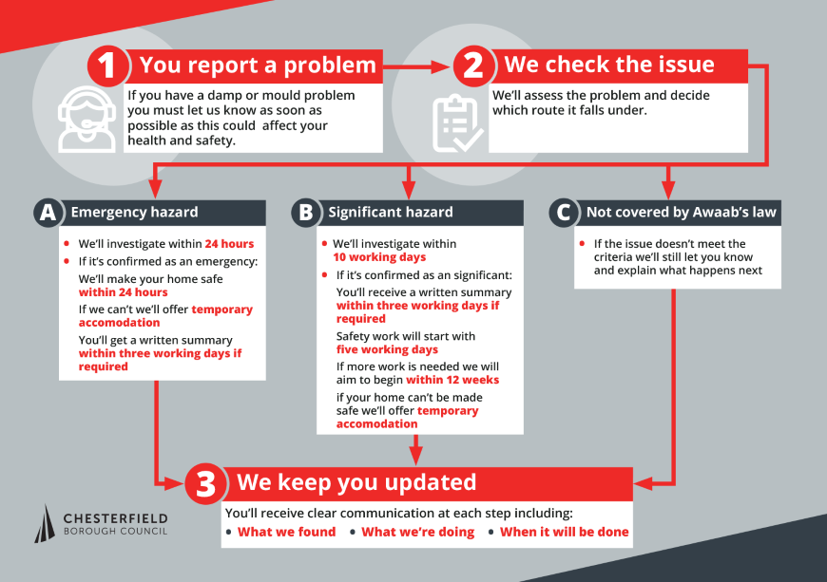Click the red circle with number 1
pos(108,66)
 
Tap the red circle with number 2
pos(474,66)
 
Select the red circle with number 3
pos(205,484)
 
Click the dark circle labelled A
pos(46,213)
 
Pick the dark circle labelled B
pos(305,213)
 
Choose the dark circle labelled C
pos(565,213)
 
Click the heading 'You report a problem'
pos(258,66)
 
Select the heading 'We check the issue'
pos(609,66)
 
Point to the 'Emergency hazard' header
pos(134,213)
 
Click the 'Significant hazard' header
pos(391,213)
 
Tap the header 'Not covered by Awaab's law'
pos(681,213)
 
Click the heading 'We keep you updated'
pos(356,482)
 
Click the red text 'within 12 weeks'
pos(452,380)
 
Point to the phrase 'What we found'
pos(286,532)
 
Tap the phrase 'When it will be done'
pos(564,532)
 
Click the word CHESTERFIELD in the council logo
pos(115,517)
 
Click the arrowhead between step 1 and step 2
pos(442,66)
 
